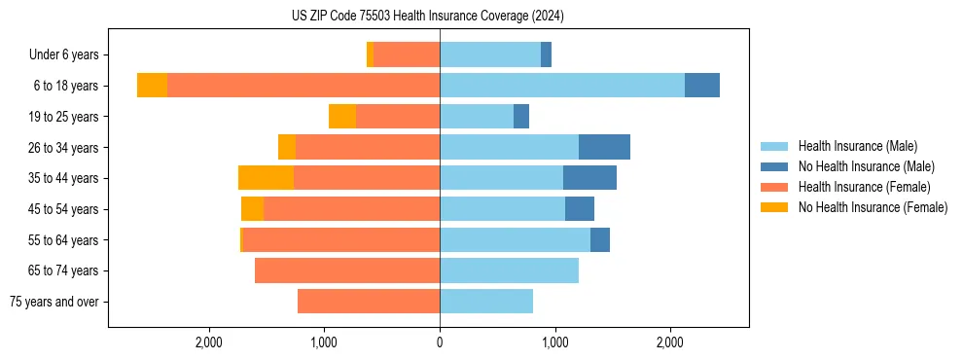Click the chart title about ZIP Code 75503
coord(427,17)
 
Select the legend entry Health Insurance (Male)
coord(857,146)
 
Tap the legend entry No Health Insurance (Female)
coord(873,207)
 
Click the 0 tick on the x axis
coord(440,342)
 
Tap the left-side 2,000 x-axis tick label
coord(209,342)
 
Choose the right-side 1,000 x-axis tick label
coord(554,342)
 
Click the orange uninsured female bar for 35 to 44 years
coord(266,178)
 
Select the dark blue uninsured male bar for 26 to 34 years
coord(604,147)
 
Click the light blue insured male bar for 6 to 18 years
coord(562,86)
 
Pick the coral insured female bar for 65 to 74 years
coord(347,270)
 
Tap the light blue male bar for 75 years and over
coord(486,302)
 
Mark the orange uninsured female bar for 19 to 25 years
coord(342,117)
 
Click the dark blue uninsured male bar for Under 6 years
coord(546,55)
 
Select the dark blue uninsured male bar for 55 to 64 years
coord(600,239)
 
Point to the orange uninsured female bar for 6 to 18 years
coord(152,86)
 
